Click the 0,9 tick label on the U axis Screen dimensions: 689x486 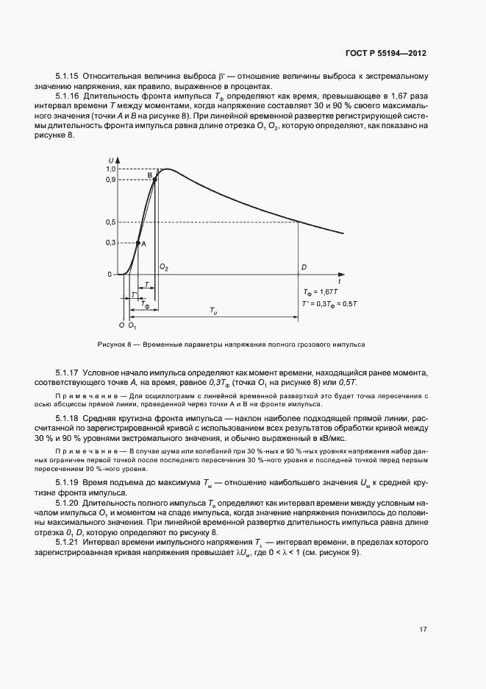tap(110, 180)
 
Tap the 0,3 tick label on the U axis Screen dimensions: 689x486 tap(110, 243)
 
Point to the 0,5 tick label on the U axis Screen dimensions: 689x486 tap(110, 222)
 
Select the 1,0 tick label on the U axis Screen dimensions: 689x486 tap(110, 169)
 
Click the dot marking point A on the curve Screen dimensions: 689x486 tap(137, 243)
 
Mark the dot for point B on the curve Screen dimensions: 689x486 tap(154, 179)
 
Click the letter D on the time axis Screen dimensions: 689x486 tap(303, 267)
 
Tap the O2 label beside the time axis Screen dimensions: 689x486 tap(164, 267)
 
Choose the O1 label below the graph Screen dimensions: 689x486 tap(132, 325)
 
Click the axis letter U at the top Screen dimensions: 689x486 tap(110, 160)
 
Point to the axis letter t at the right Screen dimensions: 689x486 tap(339, 281)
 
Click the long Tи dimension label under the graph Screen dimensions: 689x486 tap(215, 312)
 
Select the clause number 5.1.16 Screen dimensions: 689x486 tap(67, 96)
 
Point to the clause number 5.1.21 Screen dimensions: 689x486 tap(67, 541)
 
